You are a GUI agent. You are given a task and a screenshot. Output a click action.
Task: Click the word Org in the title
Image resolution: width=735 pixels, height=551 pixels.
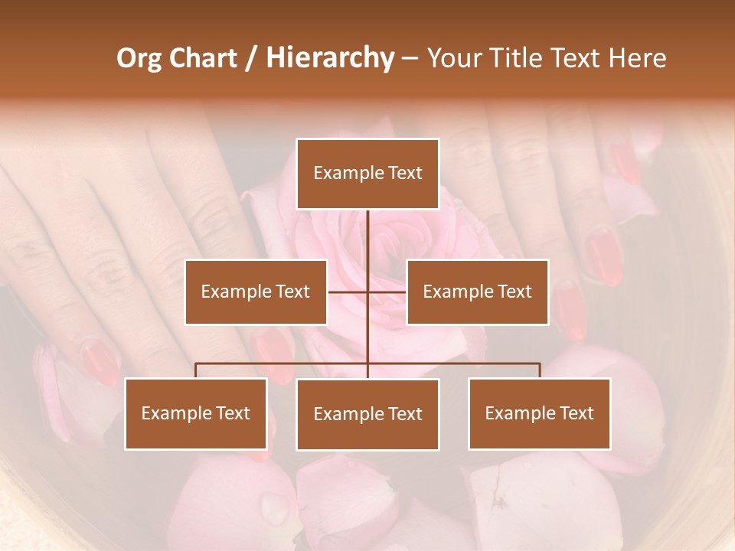[x=139, y=58]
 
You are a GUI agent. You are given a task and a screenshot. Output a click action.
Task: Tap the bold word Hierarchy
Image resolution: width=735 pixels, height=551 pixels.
[x=329, y=58]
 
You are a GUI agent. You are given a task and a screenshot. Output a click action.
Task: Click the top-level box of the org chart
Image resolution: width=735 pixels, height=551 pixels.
[x=367, y=174]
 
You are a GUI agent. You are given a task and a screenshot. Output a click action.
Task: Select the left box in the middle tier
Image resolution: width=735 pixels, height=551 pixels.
[x=256, y=292]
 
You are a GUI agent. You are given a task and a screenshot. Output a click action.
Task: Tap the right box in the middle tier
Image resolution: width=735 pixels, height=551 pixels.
[x=477, y=292]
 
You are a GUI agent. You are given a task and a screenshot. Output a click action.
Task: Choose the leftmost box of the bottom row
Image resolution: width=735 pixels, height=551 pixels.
[x=196, y=413]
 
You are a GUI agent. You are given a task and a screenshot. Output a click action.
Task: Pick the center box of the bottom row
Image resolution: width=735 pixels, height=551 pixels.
[x=367, y=414]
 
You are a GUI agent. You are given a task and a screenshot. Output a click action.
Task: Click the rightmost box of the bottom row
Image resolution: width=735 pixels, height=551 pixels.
[x=539, y=413]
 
